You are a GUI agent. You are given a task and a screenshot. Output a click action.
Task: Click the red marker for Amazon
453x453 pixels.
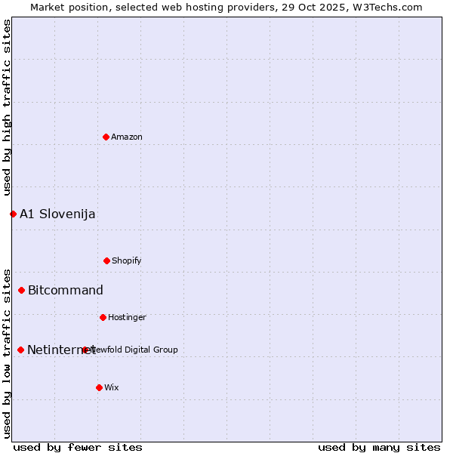106,137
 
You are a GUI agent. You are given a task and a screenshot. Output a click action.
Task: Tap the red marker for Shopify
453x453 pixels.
106,260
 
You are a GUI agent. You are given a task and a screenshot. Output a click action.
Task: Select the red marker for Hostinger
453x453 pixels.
103,317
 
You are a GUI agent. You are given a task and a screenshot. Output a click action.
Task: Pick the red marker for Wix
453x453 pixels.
99,387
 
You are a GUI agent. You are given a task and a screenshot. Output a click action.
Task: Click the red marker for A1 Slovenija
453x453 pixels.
13,214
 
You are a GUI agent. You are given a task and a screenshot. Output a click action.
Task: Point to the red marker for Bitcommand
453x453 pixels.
21,290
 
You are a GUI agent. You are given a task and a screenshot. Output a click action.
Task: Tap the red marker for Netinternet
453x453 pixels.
20,350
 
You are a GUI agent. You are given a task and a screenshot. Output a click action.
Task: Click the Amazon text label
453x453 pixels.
127,137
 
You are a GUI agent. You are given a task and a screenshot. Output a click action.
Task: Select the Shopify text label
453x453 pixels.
127,260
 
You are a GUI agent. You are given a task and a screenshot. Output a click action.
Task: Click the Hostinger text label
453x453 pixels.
127,317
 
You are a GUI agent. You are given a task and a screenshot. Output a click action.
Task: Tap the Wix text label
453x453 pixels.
112,387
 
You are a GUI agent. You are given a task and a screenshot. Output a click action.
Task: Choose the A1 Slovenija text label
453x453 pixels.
57,214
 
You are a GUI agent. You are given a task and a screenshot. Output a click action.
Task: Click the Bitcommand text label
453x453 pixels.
66,290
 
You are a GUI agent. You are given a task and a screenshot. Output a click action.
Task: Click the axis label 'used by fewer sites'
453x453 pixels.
78,447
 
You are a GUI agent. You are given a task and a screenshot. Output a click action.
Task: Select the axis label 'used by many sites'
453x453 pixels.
379,447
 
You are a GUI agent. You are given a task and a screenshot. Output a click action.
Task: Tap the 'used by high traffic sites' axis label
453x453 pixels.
7,107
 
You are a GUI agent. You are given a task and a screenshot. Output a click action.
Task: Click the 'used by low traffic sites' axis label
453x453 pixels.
7,353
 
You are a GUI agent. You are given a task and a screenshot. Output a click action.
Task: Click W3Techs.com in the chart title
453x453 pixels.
385,7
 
